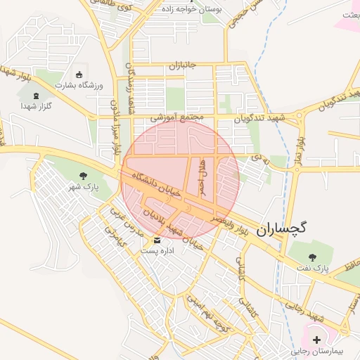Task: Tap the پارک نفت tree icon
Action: tap(311, 245)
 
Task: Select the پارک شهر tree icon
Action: tap(84, 176)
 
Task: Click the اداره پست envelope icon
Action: tap(147, 240)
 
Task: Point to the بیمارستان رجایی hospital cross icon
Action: tap(316, 340)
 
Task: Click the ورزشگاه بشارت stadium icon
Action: tap(78, 75)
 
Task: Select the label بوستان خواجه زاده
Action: tap(191, 10)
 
